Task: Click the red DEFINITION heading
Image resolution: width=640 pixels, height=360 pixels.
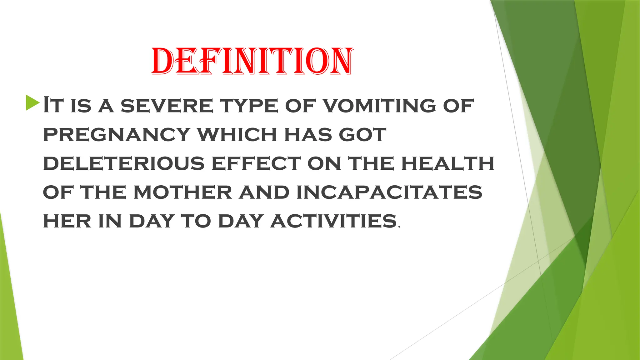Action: (x=252, y=62)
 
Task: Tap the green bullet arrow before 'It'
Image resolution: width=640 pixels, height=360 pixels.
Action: (x=32, y=103)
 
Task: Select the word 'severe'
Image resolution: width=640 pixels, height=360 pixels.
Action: (x=167, y=106)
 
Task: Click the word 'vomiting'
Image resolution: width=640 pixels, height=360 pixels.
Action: (x=379, y=106)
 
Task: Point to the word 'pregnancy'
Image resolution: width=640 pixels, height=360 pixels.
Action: (x=117, y=135)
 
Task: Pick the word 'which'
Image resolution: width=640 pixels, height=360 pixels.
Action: (x=237, y=135)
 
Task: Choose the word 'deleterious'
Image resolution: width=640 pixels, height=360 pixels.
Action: (x=124, y=163)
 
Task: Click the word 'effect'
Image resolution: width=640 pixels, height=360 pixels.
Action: (x=256, y=163)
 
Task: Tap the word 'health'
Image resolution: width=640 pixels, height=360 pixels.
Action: (x=447, y=163)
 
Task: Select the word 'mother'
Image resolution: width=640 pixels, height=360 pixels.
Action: (x=183, y=192)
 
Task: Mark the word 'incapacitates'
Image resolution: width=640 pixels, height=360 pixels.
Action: (x=389, y=192)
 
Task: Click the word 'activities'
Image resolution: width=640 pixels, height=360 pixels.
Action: (x=334, y=221)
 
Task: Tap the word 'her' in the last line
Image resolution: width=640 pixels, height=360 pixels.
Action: (x=67, y=221)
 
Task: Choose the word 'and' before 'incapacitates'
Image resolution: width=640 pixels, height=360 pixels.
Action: (x=264, y=192)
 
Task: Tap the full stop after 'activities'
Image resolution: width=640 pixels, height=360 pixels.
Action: (x=399, y=227)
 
